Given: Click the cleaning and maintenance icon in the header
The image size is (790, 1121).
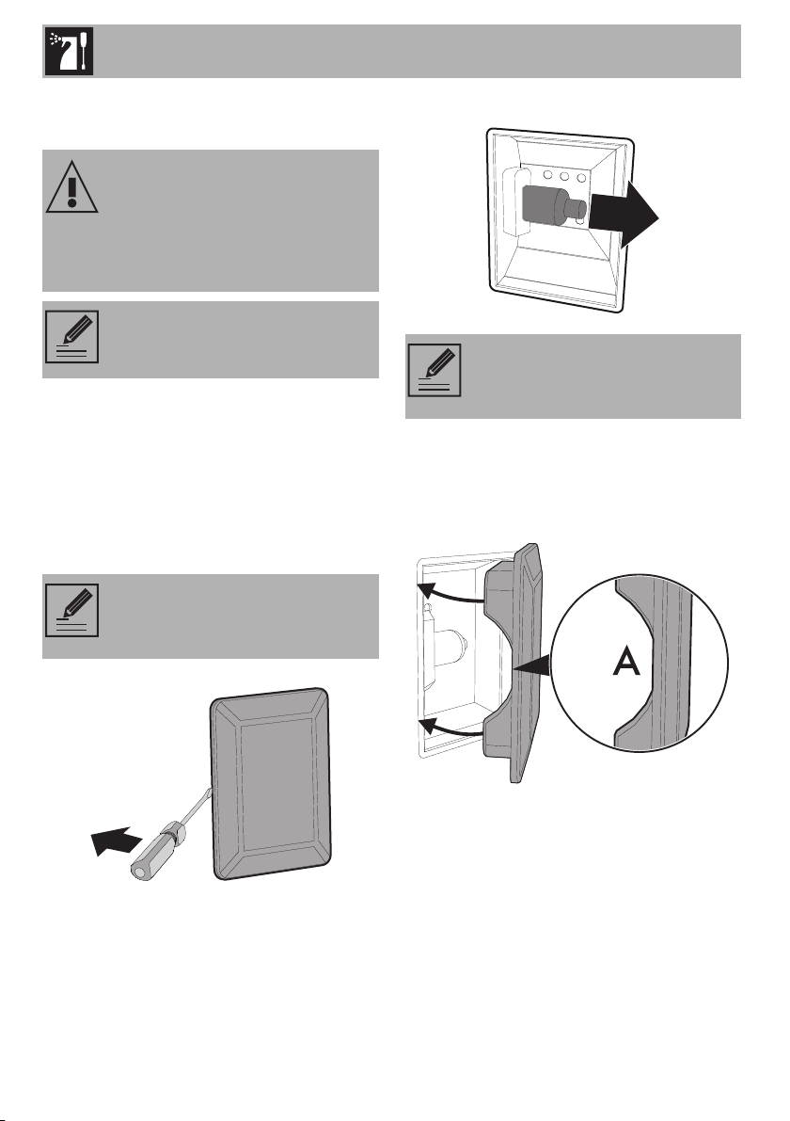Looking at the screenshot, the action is [69, 52].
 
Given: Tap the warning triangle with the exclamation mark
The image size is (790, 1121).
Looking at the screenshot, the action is [72, 186].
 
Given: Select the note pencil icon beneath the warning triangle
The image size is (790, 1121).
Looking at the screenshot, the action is [71, 337].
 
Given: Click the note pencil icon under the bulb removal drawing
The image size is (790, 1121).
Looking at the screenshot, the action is [434, 370].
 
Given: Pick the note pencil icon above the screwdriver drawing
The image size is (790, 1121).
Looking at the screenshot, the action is [71, 610].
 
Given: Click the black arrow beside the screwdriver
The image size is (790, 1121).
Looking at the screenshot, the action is [115, 839].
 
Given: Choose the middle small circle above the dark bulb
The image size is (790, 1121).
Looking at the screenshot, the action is [564, 175].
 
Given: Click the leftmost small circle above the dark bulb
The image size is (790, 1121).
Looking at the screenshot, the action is [547, 174].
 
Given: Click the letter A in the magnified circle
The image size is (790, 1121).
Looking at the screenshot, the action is [626, 663].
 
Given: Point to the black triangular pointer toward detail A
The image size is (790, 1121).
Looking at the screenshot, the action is [532, 666].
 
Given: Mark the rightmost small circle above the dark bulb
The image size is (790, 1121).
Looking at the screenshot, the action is [582, 176].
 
